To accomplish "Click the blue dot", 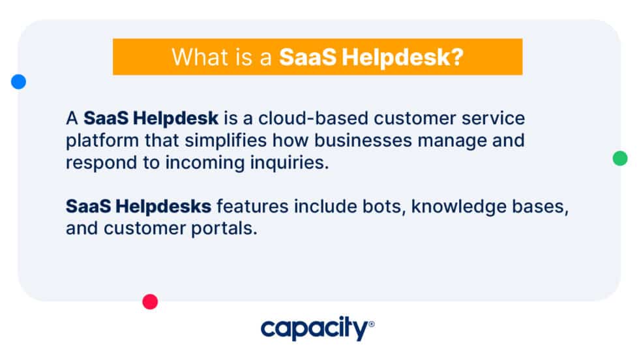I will (18, 82).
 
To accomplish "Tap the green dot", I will (620, 158).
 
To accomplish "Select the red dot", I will (150, 301).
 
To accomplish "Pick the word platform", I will (97, 141).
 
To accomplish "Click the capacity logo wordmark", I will (314, 329).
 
